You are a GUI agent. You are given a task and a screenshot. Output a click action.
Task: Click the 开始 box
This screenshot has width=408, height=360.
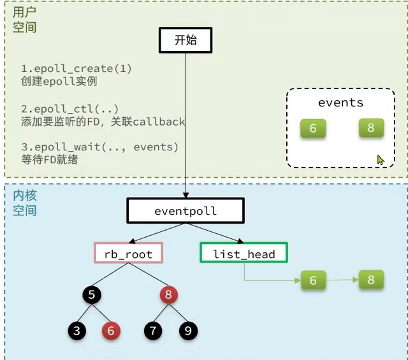(x=185, y=40)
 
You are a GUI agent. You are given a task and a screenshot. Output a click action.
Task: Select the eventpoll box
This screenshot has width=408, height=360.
(x=186, y=210)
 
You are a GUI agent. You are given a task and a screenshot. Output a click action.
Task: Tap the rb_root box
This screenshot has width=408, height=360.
(x=128, y=253)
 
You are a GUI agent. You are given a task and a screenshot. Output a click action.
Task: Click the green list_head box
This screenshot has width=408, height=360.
(x=244, y=253)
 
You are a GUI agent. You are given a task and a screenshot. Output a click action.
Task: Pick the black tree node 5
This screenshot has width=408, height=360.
(x=92, y=295)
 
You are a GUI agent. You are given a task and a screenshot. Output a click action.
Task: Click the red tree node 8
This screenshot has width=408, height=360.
(x=169, y=295)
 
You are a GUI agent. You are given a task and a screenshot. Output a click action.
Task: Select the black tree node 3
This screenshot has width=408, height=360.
(x=76, y=330)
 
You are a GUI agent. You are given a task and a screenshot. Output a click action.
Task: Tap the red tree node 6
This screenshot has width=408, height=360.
(x=110, y=330)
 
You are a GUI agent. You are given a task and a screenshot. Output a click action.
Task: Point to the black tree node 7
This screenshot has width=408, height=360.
(x=153, y=330)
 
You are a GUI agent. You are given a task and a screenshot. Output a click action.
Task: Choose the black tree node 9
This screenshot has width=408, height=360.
(x=187, y=330)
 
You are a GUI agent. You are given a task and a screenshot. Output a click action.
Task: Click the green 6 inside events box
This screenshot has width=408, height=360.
(x=313, y=129)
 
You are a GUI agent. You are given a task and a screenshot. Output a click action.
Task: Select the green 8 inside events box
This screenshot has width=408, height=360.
(x=371, y=129)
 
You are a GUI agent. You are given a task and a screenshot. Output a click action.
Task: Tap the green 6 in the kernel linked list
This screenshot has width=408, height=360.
(x=313, y=280)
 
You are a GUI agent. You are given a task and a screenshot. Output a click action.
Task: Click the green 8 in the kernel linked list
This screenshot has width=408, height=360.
(x=371, y=280)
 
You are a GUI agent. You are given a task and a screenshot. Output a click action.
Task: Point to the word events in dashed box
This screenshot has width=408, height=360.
(x=340, y=103)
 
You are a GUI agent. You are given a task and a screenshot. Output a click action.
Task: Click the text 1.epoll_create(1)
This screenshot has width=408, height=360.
(x=76, y=69)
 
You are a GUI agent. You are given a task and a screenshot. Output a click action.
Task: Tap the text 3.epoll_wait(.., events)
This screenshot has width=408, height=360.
(x=99, y=147)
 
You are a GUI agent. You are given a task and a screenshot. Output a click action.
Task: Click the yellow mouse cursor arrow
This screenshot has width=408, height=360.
(x=381, y=160)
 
